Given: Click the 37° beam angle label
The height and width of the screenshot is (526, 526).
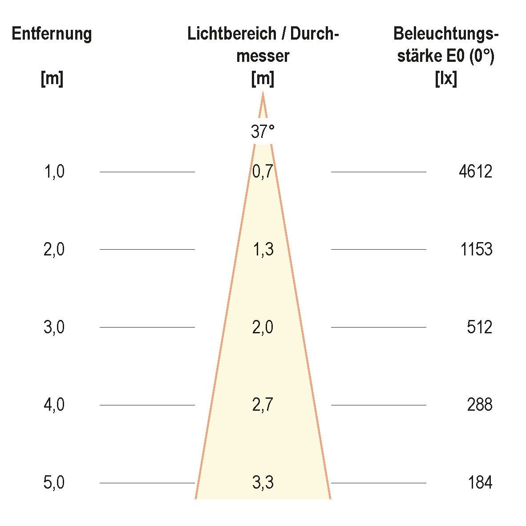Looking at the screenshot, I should tap(263, 132).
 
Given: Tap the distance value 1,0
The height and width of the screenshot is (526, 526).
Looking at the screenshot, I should tap(54, 171).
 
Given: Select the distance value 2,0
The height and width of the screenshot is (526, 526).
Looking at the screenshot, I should tap(54, 249).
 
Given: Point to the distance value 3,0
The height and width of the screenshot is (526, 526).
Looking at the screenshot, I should tap(54, 327).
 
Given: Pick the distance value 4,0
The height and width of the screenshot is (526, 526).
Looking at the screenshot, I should tap(54, 405).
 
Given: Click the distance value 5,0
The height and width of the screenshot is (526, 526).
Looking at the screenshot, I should tap(54, 483).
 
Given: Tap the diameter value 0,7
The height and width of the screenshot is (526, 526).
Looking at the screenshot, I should tap(263, 171).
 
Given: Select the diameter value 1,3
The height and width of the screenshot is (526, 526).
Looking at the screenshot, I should tap(263, 249).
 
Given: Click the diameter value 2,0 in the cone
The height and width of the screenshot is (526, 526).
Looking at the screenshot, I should tap(263, 327).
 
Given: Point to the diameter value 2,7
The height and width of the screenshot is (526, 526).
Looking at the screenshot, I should tap(263, 405).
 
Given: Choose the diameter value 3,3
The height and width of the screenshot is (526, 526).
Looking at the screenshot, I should tap(263, 483).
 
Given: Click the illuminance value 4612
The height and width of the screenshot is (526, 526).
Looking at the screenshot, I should tap(475, 171).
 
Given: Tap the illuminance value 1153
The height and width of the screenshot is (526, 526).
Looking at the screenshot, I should tap(476, 249).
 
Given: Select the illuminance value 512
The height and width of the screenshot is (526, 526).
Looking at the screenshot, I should tap(479, 327).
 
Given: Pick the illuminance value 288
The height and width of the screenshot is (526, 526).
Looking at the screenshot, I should tap(479, 405).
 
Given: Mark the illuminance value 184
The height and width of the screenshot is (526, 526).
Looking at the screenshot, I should tap(480, 483).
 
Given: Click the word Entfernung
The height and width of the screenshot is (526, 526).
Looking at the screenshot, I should tap(52, 34).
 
